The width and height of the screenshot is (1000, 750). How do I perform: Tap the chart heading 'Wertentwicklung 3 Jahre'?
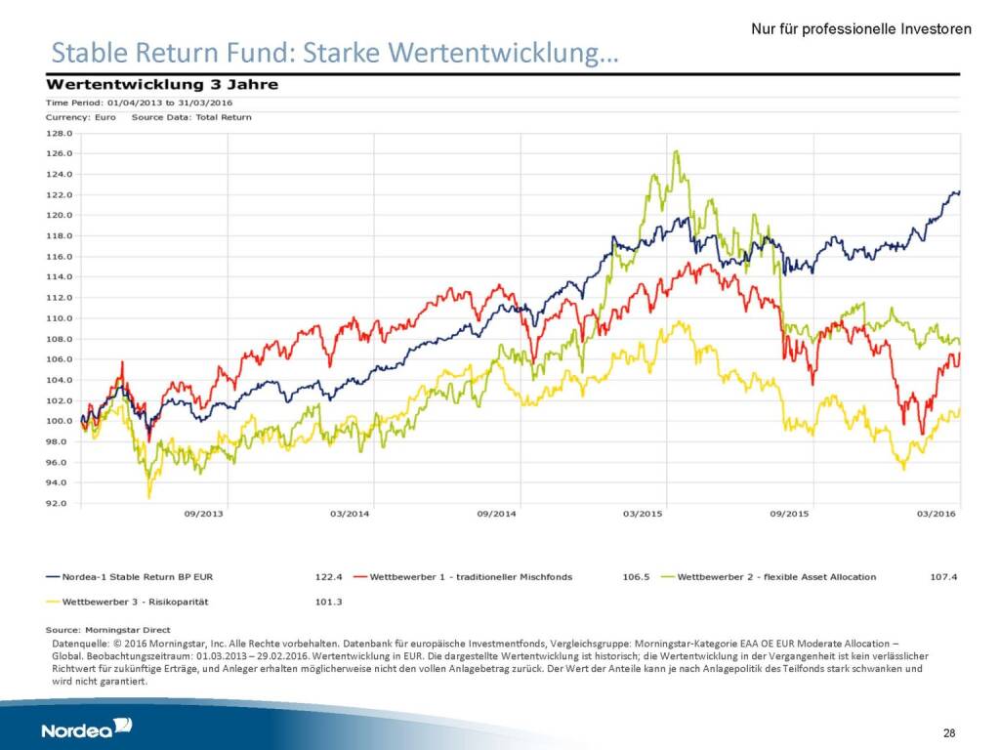162,84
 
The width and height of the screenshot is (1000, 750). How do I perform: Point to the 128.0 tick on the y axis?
60,133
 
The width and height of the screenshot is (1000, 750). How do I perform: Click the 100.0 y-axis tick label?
60,421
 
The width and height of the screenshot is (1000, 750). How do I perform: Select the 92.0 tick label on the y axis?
60,504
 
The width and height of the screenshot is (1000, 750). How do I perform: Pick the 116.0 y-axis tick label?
60,257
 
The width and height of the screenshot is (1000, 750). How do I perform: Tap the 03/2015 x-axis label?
644,514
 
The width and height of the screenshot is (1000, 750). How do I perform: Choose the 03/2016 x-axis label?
937,514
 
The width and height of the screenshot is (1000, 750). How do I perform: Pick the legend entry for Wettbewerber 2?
776,577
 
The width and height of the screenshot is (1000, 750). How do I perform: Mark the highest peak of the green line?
676,151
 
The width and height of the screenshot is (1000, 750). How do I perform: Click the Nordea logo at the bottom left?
87,729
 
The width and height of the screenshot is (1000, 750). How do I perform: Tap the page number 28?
949,732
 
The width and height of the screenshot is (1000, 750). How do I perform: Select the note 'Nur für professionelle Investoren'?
860,29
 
